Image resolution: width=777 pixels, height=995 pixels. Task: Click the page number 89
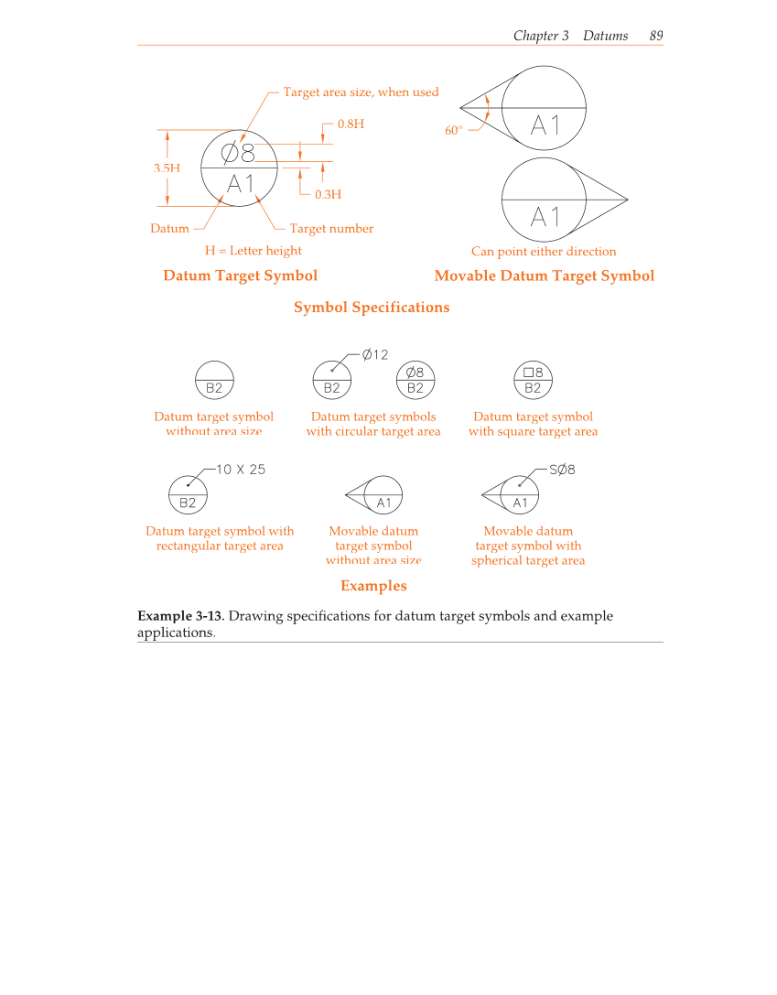tap(655, 36)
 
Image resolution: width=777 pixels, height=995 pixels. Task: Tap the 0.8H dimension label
tap(351, 124)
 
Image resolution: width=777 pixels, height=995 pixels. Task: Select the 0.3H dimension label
tap(328, 195)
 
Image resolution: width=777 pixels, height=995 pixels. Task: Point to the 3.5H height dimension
tap(166, 168)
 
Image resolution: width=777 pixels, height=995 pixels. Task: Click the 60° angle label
tap(454, 131)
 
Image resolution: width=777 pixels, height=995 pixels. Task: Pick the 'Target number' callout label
tap(331, 229)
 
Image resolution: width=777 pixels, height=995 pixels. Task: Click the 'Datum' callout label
tap(169, 229)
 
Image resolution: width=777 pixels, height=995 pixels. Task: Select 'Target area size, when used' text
tap(361, 92)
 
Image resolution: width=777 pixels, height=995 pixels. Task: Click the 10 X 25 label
tap(241, 470)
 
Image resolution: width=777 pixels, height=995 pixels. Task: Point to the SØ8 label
tap(562, 470)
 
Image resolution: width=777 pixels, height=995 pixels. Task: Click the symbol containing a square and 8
tap(534, 379)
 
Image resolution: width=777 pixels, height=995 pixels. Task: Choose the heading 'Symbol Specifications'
tap(372, 308)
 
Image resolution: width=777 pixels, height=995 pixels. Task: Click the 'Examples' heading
tap(373, 586)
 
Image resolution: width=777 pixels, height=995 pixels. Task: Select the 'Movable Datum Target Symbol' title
tap(544, 276)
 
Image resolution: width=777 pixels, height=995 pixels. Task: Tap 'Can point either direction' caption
tap(544, 252)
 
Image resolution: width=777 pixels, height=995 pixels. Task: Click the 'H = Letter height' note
tap(253, 251)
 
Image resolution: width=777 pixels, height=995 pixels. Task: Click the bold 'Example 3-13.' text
tap(180, 616)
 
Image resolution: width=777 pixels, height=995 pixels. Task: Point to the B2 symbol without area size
tap(214, 380)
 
